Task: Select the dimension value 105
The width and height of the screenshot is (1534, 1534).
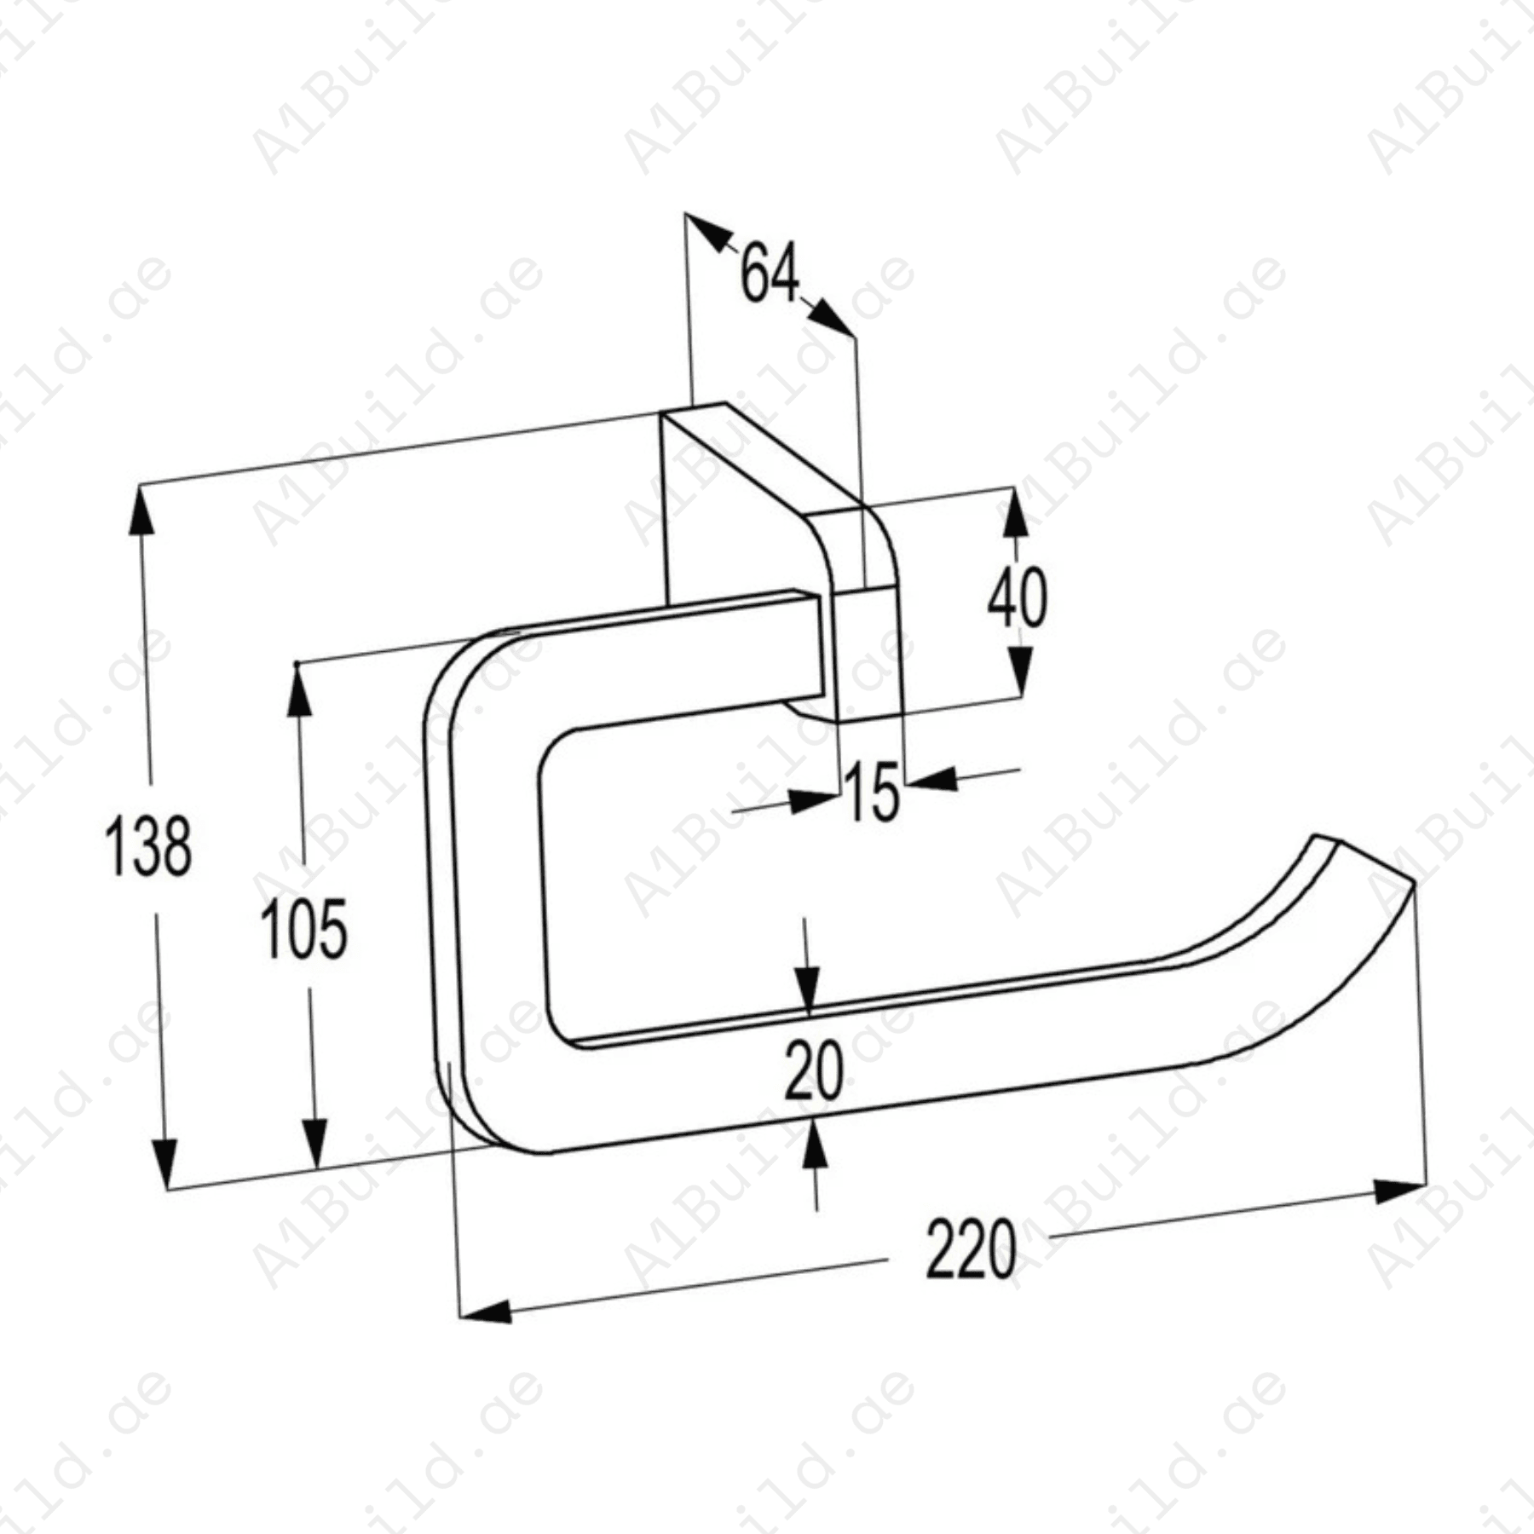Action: [x=304, y=929]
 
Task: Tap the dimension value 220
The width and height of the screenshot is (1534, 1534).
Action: [x=971, y=1249]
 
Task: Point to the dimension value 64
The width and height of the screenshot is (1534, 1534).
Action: [x=770, y=273]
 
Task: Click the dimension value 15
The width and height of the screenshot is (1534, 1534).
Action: [x=873, y=792]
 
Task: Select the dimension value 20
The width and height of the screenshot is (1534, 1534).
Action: [x=814, y=1070]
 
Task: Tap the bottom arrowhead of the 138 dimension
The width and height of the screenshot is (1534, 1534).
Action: [x=164, y=1162]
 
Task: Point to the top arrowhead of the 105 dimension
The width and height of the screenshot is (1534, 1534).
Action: [x=298, y=690]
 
